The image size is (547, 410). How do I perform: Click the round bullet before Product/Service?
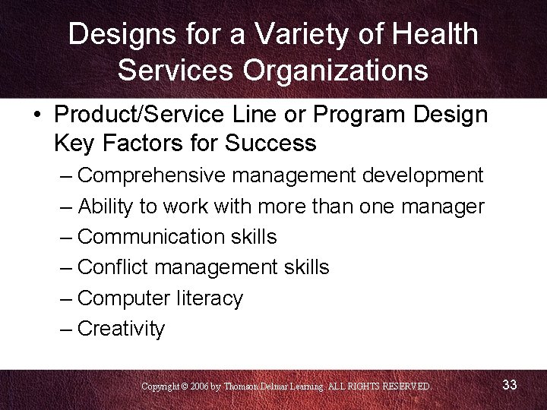(36, 115)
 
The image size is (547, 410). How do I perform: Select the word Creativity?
(122, 329)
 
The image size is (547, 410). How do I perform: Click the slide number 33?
(510, 385)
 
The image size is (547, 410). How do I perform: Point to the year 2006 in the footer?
(201, 386)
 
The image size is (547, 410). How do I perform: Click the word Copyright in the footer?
(161, 386)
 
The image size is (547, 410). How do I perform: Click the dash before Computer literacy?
(66, 298)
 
